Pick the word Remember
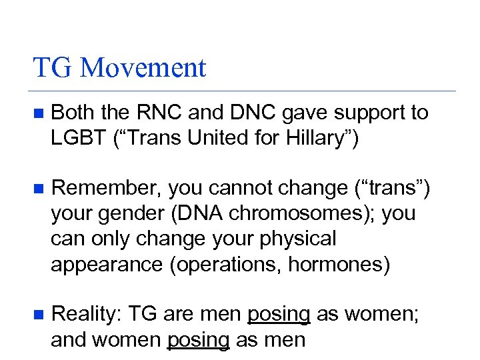[106, 189]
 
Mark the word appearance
[106, 265]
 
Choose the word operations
[227, 265]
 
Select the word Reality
[85, 313]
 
